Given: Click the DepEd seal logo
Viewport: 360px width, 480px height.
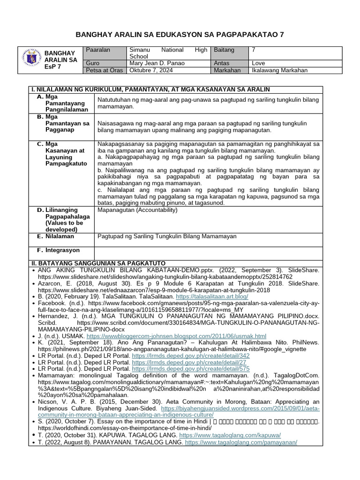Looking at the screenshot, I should pos(31,60).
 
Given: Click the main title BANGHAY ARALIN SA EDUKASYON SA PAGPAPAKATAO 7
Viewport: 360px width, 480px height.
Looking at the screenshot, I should pos(180,35).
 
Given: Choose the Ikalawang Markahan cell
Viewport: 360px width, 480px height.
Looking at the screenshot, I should pos(280,71).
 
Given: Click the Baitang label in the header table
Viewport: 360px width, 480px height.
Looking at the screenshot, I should pos(224,50).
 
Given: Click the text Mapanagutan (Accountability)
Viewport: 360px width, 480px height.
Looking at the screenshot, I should pos(137,210).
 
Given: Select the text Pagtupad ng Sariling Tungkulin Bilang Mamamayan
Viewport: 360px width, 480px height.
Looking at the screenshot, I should pos(167,237).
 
